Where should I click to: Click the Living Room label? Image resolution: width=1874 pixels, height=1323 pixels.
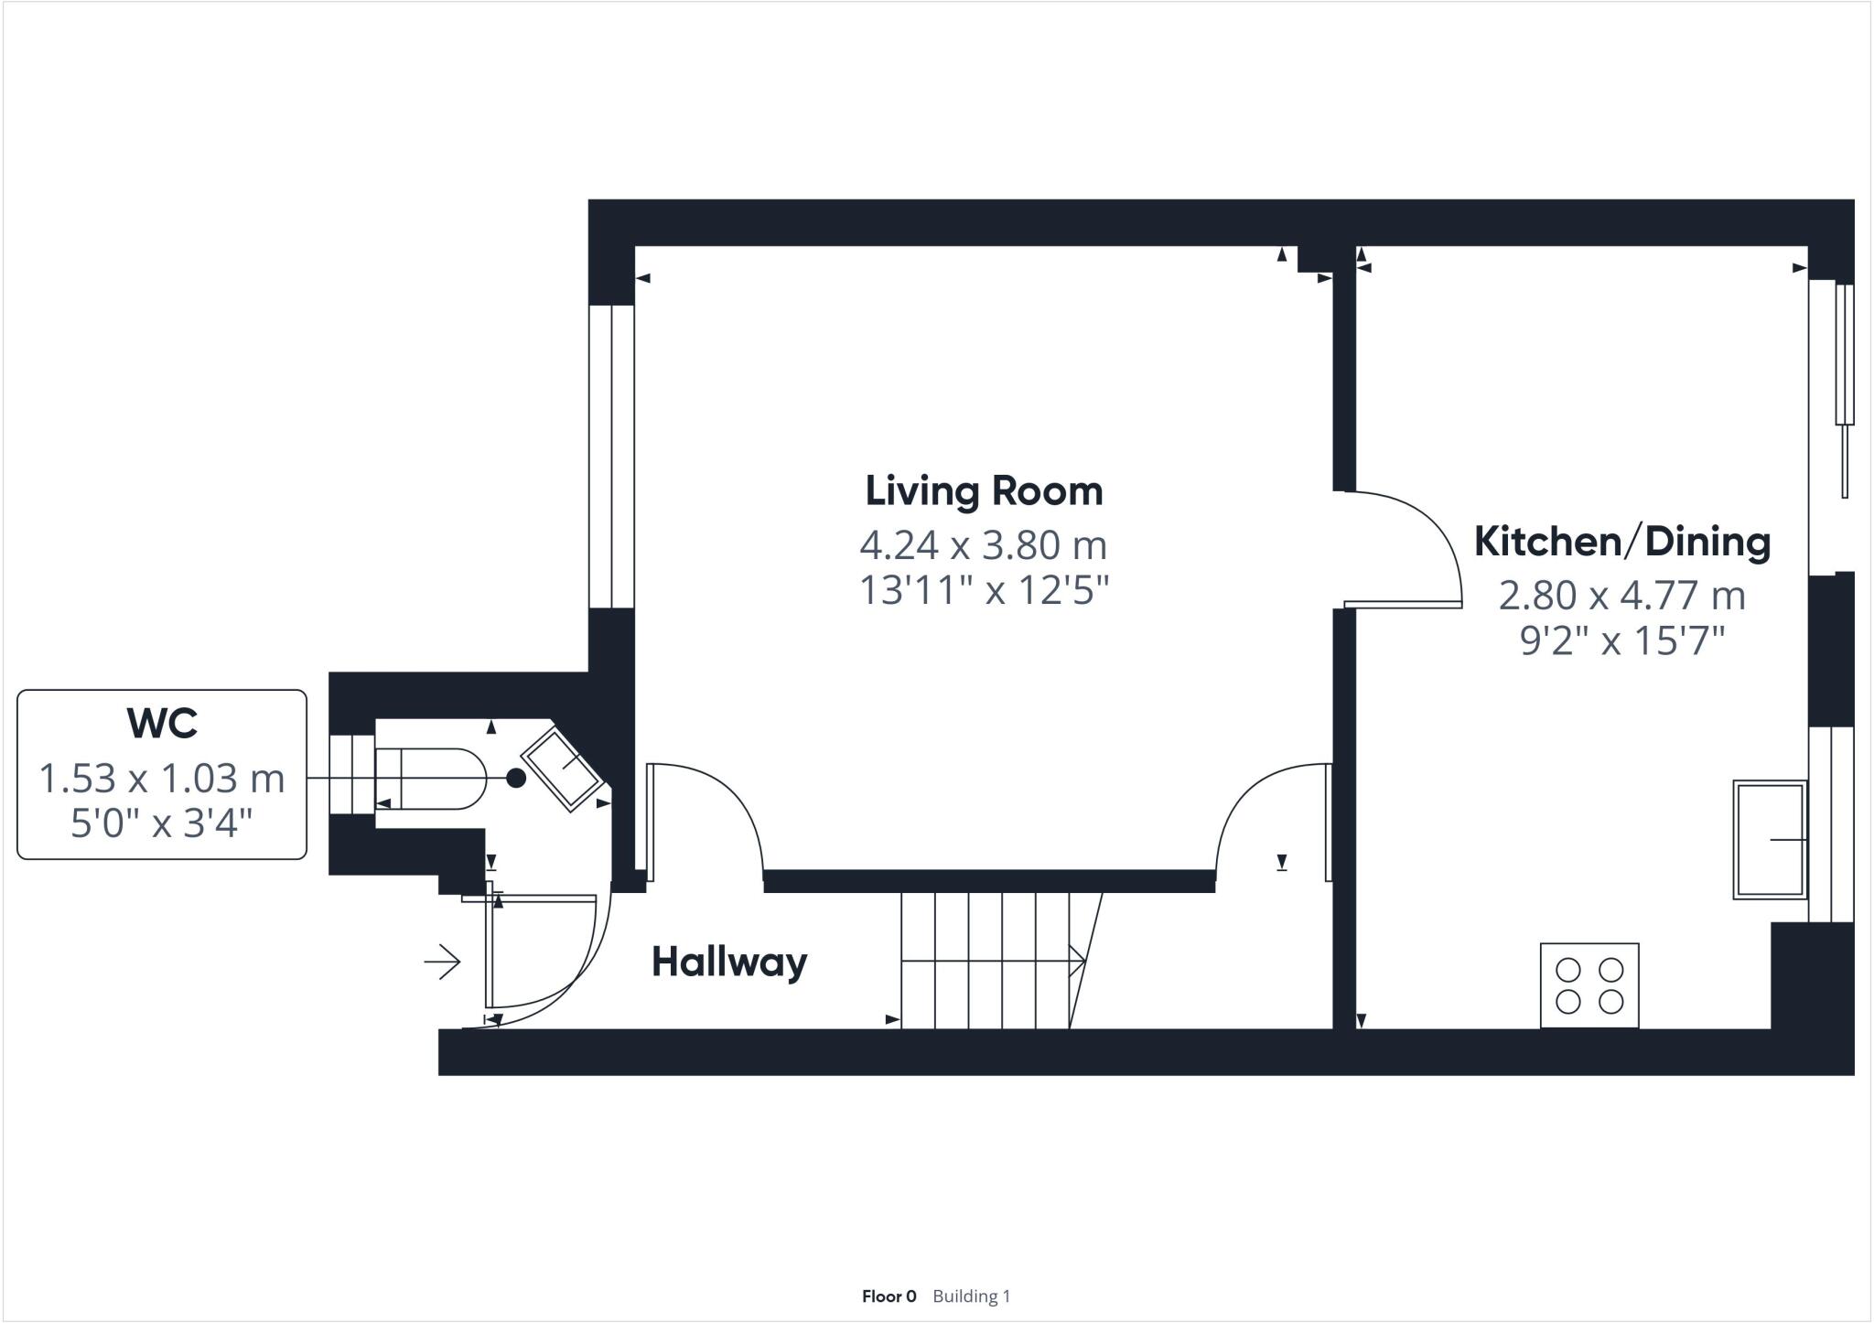tap(984, 491)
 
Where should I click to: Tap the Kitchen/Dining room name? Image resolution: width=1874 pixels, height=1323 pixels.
tap(1621, 542)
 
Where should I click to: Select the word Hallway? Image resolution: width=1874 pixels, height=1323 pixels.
tap(729, 963)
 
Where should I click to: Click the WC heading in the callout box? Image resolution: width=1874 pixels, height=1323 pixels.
tap(162, 723)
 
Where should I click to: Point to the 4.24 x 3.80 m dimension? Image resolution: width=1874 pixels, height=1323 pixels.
tap(984, 545)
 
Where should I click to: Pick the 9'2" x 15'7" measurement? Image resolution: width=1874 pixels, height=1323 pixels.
tap(1621, 641)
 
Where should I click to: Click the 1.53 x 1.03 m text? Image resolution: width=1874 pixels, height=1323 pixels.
tap(162, 779)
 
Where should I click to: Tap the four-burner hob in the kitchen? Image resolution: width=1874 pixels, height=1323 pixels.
tap(1589, 985)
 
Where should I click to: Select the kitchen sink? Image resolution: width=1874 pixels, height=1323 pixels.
tap(1769, 839)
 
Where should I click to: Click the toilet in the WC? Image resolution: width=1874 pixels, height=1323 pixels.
tap(428, 779)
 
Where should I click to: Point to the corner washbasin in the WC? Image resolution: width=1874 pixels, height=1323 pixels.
tap(561, 769)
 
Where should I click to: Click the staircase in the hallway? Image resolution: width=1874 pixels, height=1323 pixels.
tap(997, 961)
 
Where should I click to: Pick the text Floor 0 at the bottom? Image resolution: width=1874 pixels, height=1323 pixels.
tap(889, 1296)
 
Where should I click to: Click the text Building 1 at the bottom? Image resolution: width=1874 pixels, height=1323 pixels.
tap(971, 1296)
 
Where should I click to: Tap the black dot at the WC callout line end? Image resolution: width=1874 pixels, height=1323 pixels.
tap(516, 778)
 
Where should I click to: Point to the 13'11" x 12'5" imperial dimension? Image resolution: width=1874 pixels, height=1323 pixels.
tap(984, 591)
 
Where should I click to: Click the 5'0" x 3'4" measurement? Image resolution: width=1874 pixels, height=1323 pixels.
tap(162, 824)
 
